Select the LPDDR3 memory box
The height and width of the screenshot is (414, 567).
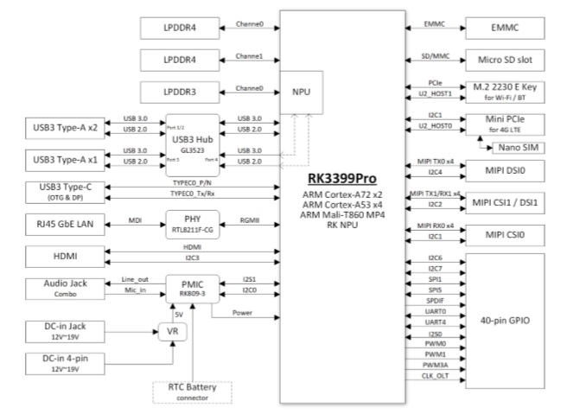(x=181, y=92)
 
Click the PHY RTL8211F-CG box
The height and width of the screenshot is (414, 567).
(x=192, y=224)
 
